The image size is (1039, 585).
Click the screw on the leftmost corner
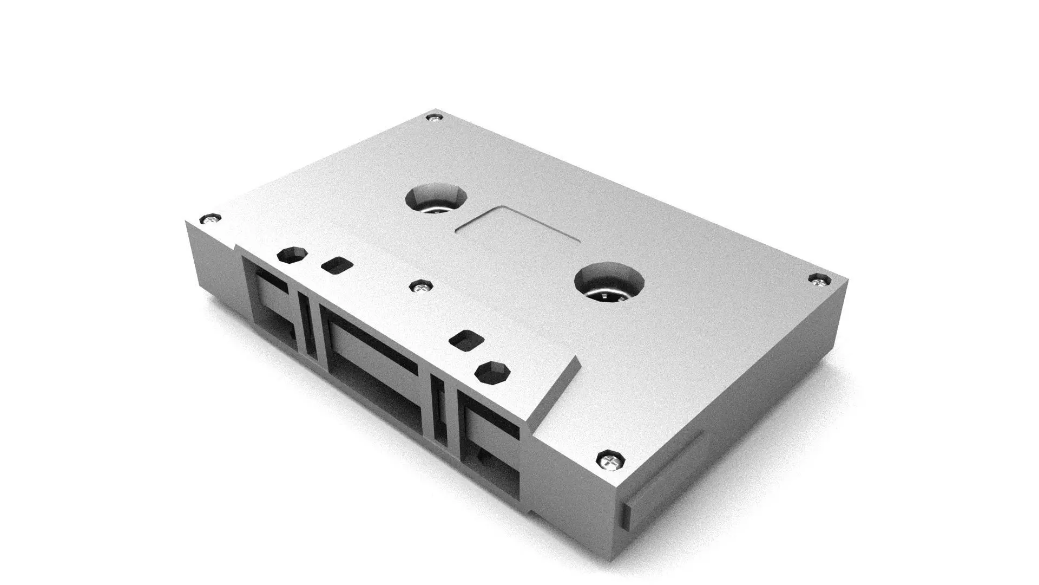click(209, 220)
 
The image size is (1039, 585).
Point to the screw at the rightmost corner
click(819, 280)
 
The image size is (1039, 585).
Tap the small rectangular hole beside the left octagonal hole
click(337, 265)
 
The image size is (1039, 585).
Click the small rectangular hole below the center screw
click(466, 341)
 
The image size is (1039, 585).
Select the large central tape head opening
click(373, 368)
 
